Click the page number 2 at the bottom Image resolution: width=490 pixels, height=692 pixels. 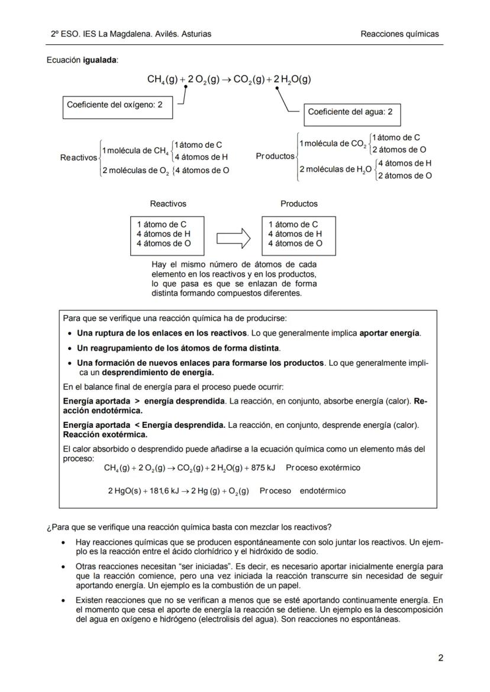click(x=440, y=658)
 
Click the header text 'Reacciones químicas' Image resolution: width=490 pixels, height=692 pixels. click(x=399, y=34)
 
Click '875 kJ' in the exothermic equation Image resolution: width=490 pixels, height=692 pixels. click(x=262, y=467)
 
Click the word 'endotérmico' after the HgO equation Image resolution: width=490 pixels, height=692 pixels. click(x=323, y=490)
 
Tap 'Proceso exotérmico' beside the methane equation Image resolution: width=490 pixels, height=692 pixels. click(x=323, y=467)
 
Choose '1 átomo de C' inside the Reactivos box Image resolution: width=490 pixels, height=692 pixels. click(x=162, y=224)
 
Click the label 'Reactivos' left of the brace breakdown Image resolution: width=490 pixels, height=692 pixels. click(x=79, y=158)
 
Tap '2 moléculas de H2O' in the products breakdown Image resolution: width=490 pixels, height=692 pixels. click(x=336, y=170)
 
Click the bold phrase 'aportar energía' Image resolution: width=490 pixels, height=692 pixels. click(x=390, y=333)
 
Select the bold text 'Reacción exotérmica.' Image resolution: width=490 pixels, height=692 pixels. click(x=96, y=434)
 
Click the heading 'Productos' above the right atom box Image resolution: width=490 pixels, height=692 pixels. click(x=299, y=204)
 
